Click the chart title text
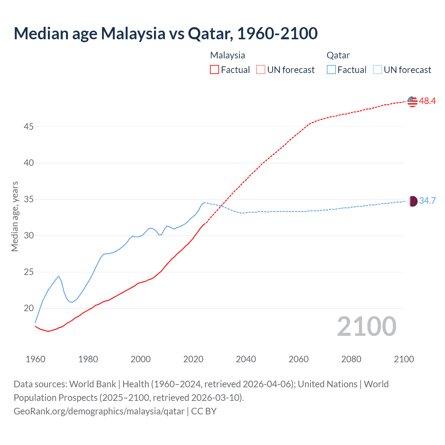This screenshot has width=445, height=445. pyautogui.click(x=165, y=33)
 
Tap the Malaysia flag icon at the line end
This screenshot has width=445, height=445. pyautogui.click(x=412, y=101)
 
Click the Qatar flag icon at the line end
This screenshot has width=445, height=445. pyautogui.click(x=412, y=201)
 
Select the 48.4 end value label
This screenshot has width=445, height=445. pyautogui.click(x=427, y=101)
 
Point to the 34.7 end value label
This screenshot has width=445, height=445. pyautogui.click(x=427, y=201)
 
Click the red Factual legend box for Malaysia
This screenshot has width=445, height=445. pyautogui.click(x=215, y=70)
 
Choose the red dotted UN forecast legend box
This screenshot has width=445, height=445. pyautogui.click(x=261, y=70)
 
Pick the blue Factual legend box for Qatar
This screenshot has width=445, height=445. pyautogui.click(x=331, y=70)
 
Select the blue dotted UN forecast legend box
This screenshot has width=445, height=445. pyautogui.click(x=378, y=70)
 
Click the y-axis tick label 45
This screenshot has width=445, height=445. pyautogui.click(x=29, y=127)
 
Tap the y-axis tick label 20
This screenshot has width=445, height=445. pyautogui.click(x=29, y=308)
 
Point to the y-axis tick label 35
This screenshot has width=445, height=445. pyautogui.click(x=29, y=200)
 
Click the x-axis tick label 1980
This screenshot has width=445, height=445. pyautogui.click(x=88, y=359)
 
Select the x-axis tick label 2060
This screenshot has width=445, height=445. pyautogui.click(x=299, y=359)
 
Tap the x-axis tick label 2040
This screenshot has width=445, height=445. pyautogui.click(x=246, y=359)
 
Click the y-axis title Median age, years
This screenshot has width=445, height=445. pyautogui.click(x=15, y=216)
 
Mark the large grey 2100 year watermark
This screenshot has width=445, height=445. pyautogui.click(x=366, y=326)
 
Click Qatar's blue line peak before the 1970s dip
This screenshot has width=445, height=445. pyautogui.click(x=59, y=276)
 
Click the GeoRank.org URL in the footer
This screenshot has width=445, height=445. pyautogui.click(x=99, y=411)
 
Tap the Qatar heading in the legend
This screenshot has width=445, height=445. pyautogui.click(x=338, y=55)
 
